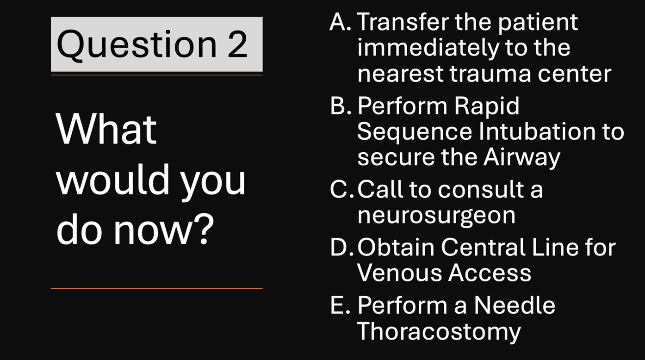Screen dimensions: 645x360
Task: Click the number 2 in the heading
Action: click(237, 44)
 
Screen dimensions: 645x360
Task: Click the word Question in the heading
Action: click(136, 45)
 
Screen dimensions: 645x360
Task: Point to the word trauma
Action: click(490, 74)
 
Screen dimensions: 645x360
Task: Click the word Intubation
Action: click(537, 131)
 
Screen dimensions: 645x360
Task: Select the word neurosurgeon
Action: click(436, 216)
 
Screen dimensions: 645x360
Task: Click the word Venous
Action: click(399, 273)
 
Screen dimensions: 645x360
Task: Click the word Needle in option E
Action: click(514, 305)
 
